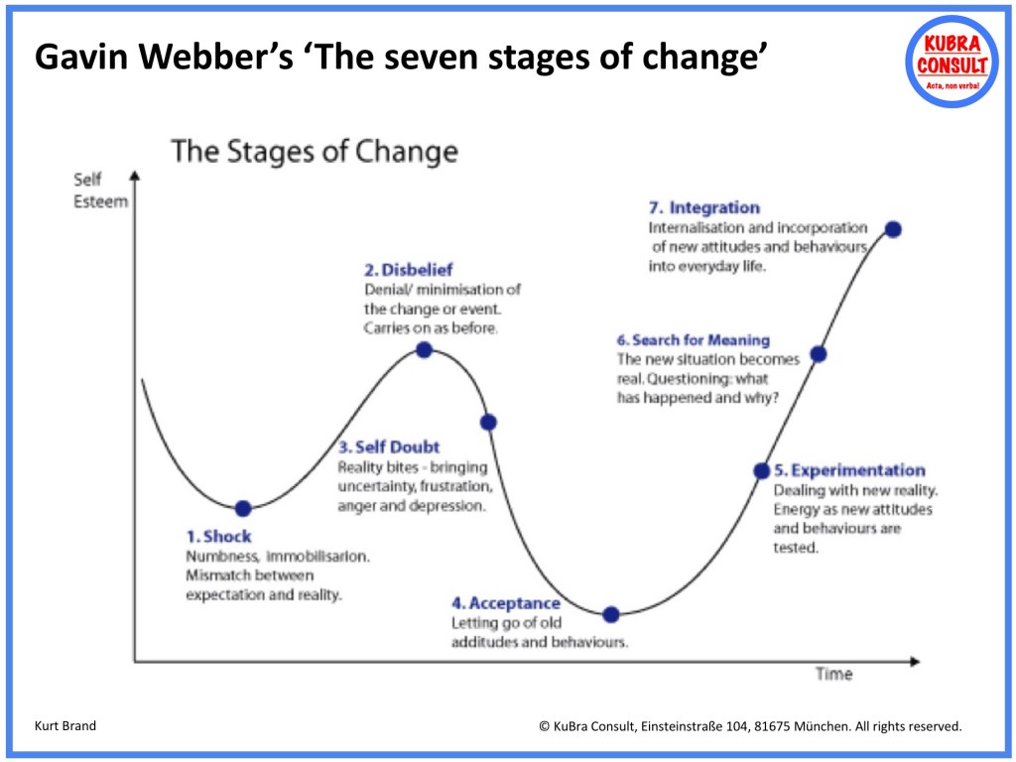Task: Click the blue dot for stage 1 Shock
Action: click(243, 508)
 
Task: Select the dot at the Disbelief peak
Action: click(424, 349)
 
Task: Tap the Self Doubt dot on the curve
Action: click(488, 422)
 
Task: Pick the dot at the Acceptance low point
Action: click(611, 614)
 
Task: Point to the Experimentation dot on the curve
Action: click(762, 471)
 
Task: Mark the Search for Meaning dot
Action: click(819, 353)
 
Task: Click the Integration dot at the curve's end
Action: click(893, 229)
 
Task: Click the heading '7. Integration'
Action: click(703, 207)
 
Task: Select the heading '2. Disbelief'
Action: click(409, 269)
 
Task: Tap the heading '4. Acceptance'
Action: click(506, 603)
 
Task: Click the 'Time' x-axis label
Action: click(833, 675)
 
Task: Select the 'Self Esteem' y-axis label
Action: click(100, 190)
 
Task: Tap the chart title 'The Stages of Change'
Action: click(315, 152)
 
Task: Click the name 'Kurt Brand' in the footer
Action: click(66, 726)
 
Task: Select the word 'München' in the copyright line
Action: click(819, 726)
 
